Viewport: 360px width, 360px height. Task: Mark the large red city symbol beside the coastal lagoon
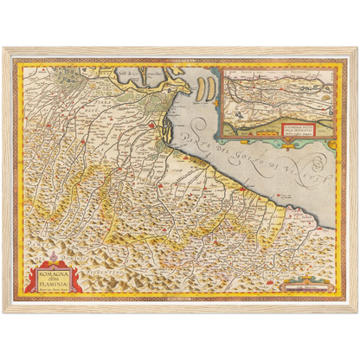pyautogui.click(x=154, y=128)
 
